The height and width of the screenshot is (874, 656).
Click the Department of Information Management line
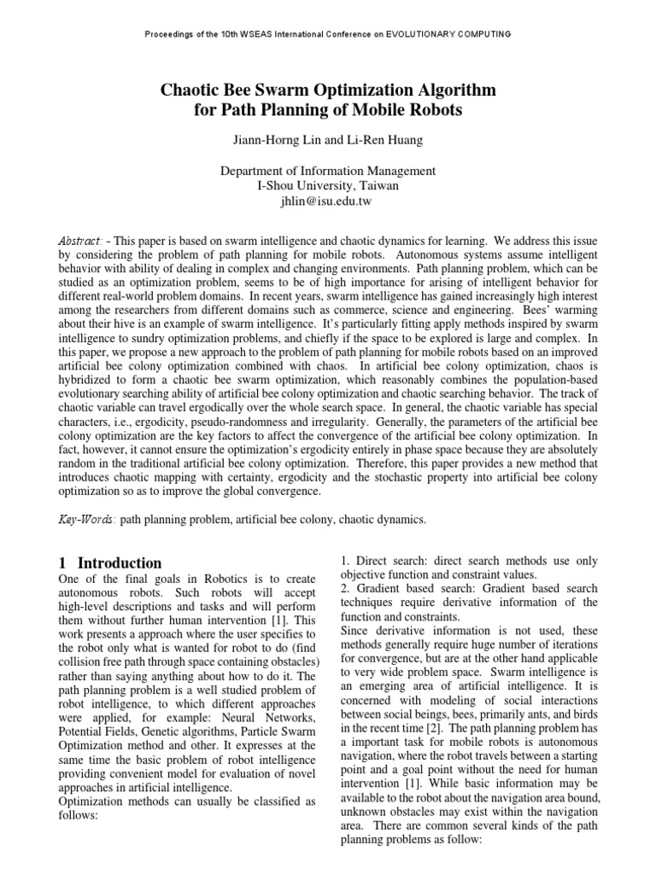tap(328, 171)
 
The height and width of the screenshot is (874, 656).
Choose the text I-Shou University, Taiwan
tap(328, 185)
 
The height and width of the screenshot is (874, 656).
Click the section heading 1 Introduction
tap(110, 563)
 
